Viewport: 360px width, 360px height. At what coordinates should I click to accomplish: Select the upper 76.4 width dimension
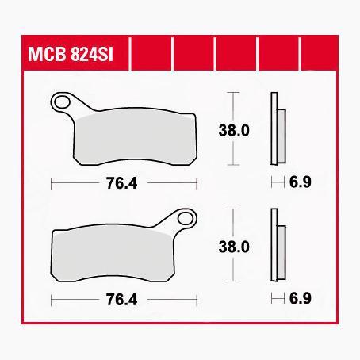[122, 184]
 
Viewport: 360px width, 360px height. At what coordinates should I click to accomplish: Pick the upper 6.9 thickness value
[301, 183]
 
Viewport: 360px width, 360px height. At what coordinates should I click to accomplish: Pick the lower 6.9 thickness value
[301, 301]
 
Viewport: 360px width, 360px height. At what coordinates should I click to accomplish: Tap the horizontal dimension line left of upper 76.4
[75, 184]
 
